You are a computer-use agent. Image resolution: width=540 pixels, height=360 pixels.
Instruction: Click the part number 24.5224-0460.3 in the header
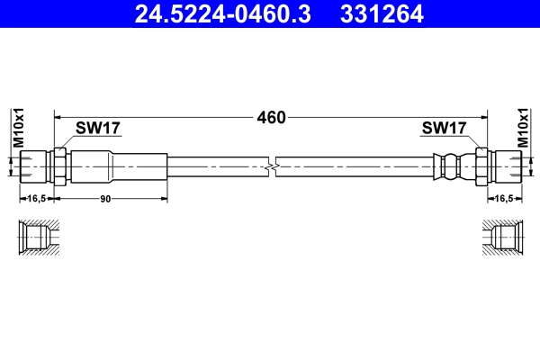(223, 14)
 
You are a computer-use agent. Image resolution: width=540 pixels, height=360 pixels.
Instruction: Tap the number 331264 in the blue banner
(382, 14)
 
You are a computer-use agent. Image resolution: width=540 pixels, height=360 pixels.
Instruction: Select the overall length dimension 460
(272, 118)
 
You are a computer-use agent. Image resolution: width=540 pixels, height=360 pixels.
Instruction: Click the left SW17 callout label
(98, 128)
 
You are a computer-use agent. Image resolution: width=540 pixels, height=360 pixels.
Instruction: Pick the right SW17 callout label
(444, 128)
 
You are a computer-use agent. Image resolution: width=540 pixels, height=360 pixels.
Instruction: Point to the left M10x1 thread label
(19, 128)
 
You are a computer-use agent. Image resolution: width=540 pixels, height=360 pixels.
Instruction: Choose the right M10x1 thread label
(523, 128)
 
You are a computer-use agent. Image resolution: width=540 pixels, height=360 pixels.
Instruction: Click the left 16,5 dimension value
(37, 198)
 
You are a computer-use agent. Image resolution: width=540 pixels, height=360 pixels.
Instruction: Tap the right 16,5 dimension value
(504, 198)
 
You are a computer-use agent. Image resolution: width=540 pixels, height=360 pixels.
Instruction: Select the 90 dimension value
(105, 199)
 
